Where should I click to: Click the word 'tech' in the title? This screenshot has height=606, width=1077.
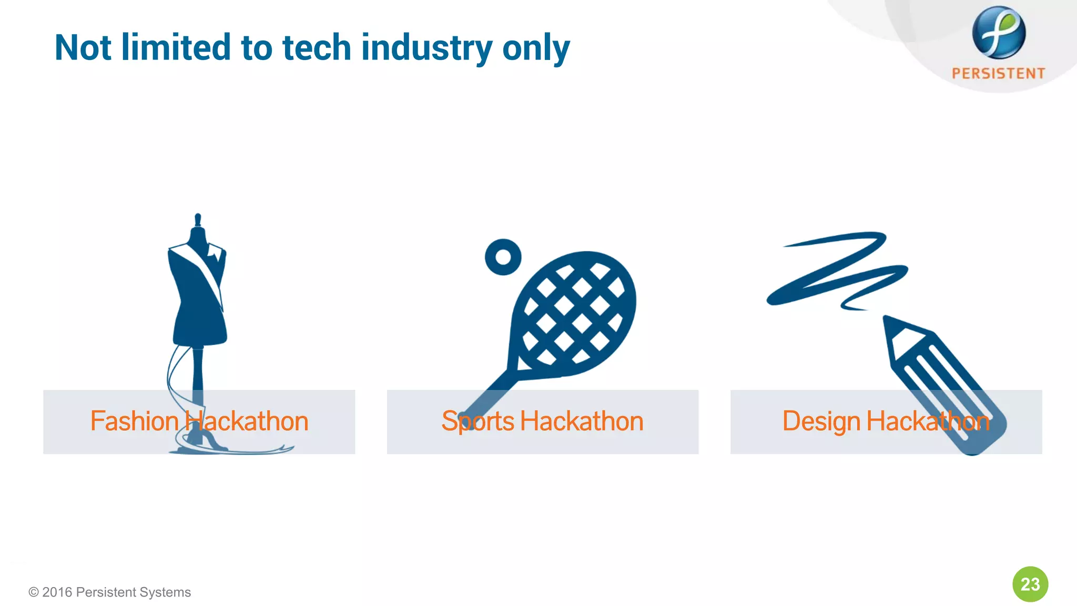tap(316, 48)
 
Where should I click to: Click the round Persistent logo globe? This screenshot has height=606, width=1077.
tap(998, 33)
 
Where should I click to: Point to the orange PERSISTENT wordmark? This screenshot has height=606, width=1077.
tap(998, 74)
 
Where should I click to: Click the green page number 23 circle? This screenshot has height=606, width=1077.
tap(1030, 584)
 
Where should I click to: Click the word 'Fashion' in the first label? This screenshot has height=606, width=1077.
tap(134, 421)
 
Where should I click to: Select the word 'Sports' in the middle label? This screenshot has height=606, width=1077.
tap(477, 421)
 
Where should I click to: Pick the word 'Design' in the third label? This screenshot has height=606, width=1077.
tap(821, 421)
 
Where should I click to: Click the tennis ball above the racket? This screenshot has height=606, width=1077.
tap(503, 257)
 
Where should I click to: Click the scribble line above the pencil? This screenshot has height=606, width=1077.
tap(836, 268)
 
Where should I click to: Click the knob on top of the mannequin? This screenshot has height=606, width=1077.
tap(198, 218)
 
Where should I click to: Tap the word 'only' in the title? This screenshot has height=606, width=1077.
tap(536, 48)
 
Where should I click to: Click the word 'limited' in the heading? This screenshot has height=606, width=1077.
tap(176, 48)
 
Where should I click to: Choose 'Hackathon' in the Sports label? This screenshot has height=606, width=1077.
tap(581, 421)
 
